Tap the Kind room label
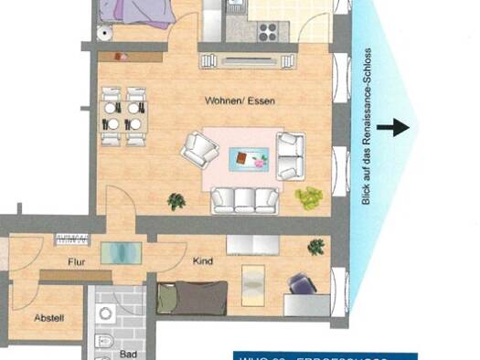pyautogui.click(x=203, y=262)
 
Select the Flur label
pyautogui.click(x=76, y=262)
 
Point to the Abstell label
pyautogui.click(x=49, y=318)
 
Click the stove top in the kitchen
pyautogui.click(x=268, y=32)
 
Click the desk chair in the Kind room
pyautogui.click(x=301, y=286)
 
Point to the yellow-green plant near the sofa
pyautogui.click(x=309, y=196)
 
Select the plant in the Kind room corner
pyautogui.click(x=316, y=246)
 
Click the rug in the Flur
pyautogui.click(x=115, y=252)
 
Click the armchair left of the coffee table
pyautogui.click(x=197, y=148)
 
